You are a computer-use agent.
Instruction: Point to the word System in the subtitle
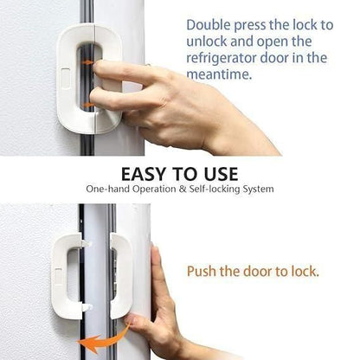(257, 189)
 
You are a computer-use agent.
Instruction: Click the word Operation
(154, 189)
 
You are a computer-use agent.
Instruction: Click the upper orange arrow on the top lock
(87, 62)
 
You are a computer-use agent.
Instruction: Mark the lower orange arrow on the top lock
(87, 105)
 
